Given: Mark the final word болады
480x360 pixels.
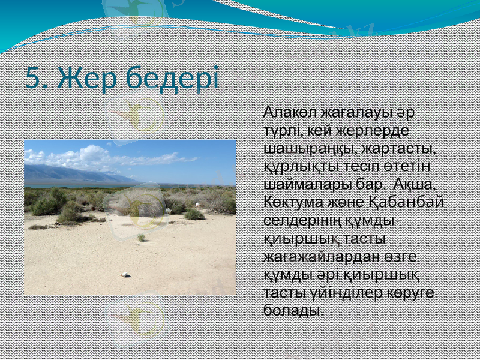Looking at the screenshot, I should [x=292, y=310].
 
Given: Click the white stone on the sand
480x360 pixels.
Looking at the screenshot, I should [x=125, y=274].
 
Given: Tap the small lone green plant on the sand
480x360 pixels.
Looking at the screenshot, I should [x=141, y=238].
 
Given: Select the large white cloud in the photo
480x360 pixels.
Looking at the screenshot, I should [x=90, y=155].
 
